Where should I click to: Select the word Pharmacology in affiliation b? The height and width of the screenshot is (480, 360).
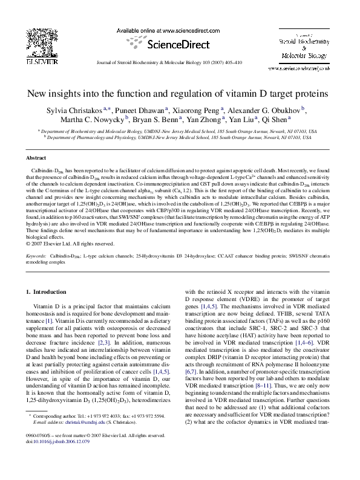93,137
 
